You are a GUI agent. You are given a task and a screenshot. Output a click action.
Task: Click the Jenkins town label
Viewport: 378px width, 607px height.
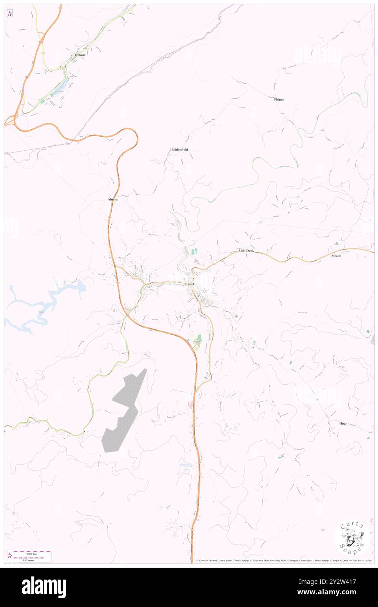click(x=79, y=55)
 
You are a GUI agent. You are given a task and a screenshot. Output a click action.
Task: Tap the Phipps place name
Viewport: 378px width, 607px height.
click(x=279, y=100)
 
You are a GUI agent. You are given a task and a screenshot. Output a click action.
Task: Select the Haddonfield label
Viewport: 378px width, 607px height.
click(x=179, y=150)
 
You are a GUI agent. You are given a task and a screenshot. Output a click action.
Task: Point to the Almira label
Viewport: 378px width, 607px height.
click(x=113, y=199)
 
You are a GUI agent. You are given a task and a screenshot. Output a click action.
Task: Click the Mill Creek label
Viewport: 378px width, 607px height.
click(x=246, y=251)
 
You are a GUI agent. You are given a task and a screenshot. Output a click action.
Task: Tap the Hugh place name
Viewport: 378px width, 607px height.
click(x=344, y=424)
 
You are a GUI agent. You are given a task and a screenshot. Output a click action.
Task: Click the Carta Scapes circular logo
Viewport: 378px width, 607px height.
click(x=352, y=538)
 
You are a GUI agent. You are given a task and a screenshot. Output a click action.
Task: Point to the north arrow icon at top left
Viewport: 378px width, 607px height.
click(x=10, y=13)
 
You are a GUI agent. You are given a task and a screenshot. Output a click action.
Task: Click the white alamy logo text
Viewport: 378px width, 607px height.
click(x=44, y=587)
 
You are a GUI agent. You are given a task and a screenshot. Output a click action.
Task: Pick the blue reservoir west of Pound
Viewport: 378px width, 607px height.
click(x=48, y=301)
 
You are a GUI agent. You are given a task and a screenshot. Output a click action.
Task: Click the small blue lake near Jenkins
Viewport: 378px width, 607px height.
click(x=62, y=86)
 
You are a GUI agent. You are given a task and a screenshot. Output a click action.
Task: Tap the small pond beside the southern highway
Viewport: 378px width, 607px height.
click(x=185, y=466)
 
